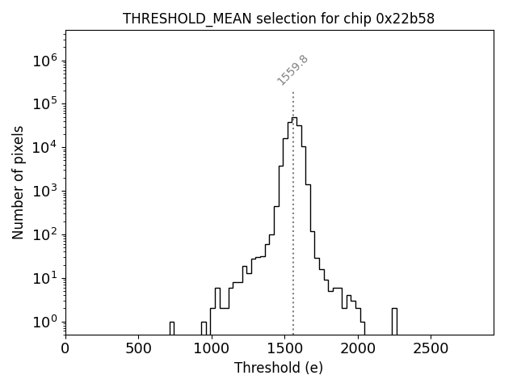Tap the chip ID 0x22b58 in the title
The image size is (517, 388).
(406, 19)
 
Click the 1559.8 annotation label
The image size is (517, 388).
(293, 70)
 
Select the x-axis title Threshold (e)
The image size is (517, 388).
(279, 368)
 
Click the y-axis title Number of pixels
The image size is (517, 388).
(19, 182)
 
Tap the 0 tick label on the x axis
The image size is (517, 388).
(65, 348)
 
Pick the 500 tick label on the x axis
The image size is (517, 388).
(138, 348)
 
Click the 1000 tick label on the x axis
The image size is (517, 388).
(211, 348)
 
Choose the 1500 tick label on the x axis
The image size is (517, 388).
(284, 348)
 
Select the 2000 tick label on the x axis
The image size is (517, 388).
(357, 348)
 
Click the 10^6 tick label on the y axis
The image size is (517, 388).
(44, 61)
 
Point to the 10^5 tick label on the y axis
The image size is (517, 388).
(44, 104)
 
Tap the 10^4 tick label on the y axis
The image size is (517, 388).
(44, 148)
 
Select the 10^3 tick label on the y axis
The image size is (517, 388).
(44, 192)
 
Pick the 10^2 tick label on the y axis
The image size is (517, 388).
(44, 235)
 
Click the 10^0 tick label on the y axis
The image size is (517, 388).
(44, 323)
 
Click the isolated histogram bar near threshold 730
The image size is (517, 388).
(172, 328)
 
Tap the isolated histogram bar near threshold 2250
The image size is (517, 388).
(394, 321)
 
